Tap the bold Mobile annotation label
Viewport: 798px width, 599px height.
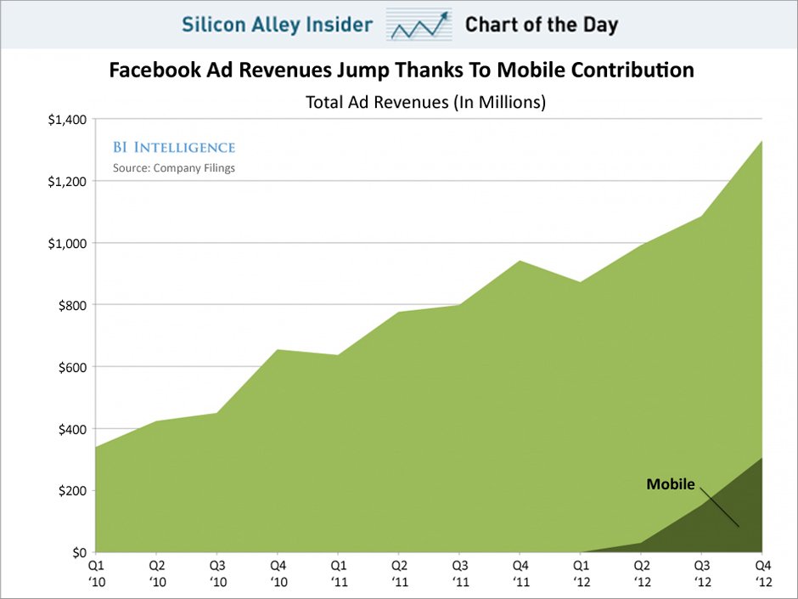click(671, 485)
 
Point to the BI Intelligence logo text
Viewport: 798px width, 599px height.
click(174, 148)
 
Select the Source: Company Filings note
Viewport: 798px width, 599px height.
click(174, 168)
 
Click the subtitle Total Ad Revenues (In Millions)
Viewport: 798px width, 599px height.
click(424, 103)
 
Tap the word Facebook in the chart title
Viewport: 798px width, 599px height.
click(151, 71)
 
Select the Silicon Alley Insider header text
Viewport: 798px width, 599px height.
click(277, 25)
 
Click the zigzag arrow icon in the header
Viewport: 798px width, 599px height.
click(419, 25)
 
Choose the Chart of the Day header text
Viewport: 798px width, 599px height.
click(541, 25)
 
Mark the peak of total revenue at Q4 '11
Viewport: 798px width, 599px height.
click(520, 261)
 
